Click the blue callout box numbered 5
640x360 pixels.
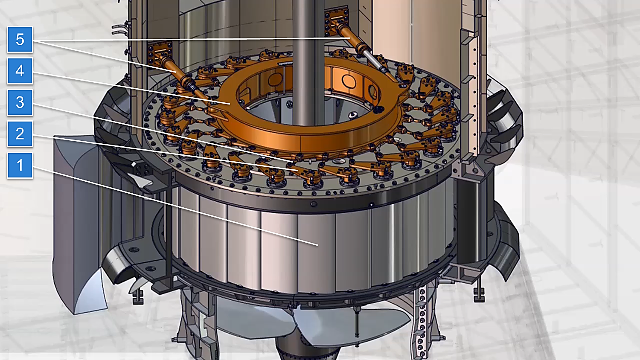tap(20, 39)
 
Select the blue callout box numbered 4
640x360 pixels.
tap(20, 71)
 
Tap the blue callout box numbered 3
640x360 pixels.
tap(20, 102)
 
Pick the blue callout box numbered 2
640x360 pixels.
tap(20, 134)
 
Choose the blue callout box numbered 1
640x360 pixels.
tap(20, 165)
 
